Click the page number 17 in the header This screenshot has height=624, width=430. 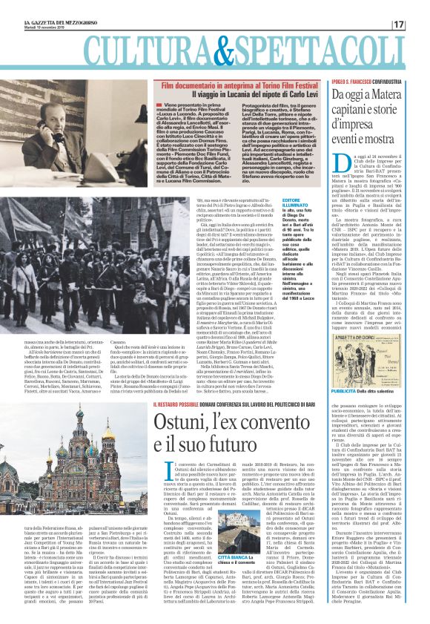click(419, 24)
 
